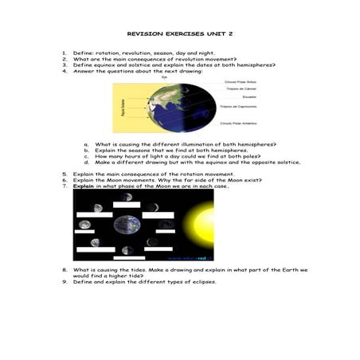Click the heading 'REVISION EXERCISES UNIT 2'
179,35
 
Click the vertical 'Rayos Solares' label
122,106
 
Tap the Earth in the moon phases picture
125,226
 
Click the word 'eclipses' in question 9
202,281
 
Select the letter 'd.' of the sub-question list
85,162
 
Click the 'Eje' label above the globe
164,77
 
